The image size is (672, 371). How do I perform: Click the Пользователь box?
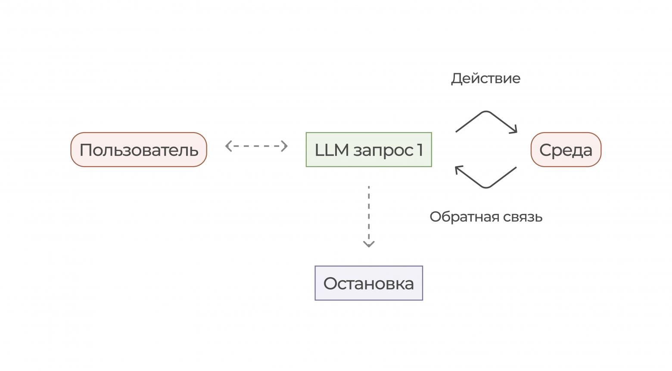139,150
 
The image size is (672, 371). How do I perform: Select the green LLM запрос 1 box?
369,150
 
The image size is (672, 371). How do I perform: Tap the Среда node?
566,150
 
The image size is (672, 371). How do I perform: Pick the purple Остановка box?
369,283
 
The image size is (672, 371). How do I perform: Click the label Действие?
485,78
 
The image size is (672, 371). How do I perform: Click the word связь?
523,216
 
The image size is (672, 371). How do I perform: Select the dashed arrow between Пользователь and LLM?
256,146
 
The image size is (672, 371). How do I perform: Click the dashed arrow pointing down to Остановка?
369,215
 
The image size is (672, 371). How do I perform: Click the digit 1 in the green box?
420,150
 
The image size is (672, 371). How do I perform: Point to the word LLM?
332,150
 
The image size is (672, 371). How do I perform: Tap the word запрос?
383,151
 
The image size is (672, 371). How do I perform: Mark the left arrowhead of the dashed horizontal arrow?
228,146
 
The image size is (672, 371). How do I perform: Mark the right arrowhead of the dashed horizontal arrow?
285,146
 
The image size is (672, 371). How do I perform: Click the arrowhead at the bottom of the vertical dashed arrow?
369,244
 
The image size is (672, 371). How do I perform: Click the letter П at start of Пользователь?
86,150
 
